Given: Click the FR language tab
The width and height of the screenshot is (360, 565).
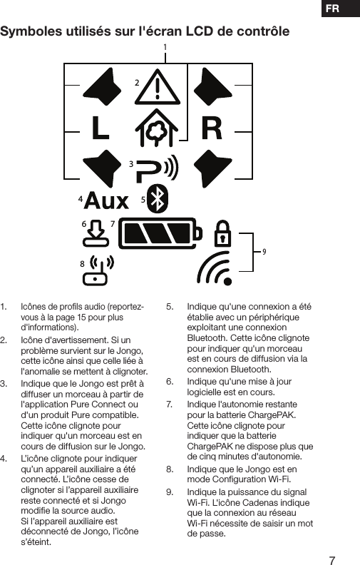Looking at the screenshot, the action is tap(332, 9).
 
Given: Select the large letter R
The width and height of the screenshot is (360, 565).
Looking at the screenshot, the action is tap(212, 128).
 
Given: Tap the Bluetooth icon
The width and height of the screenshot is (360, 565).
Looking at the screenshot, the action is tap(162, 198).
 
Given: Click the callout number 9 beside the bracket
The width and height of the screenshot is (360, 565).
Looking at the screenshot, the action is tap(264, 252).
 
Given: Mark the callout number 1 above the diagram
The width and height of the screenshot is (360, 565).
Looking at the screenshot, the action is tap(165, 48).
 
